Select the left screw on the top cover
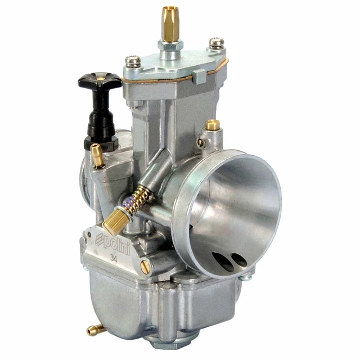point(133,61)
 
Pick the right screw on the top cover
point(216,43)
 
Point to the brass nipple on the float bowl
point(95,330)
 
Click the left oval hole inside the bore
point(222,262)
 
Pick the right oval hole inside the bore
point(238,260)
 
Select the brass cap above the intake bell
point(212,125)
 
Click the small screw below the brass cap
point(202,142)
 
